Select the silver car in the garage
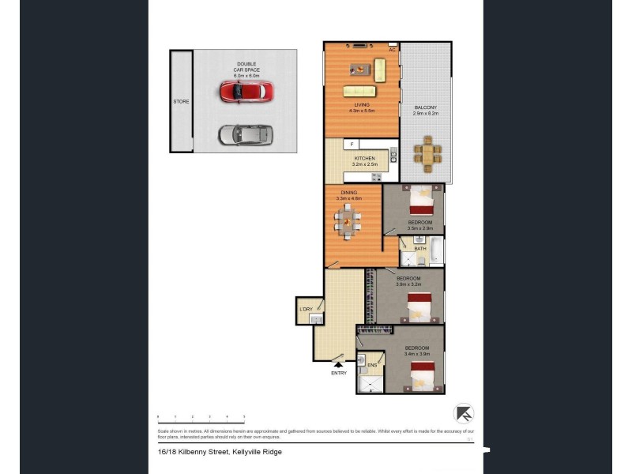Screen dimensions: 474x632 (x=245, y=135)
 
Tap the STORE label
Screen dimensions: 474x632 (x=181, y=102)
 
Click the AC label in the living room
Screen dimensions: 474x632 (x=392, y=50)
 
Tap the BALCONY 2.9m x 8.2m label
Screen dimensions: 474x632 (x=425, y=111)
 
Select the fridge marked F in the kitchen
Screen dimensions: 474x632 (x=352, y=145)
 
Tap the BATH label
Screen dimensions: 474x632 (x=419, y=249)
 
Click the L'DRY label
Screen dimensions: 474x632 (x=307, y=309)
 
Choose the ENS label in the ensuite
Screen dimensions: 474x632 (x=372, y=365)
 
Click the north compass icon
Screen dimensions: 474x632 (x=464, y=413)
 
